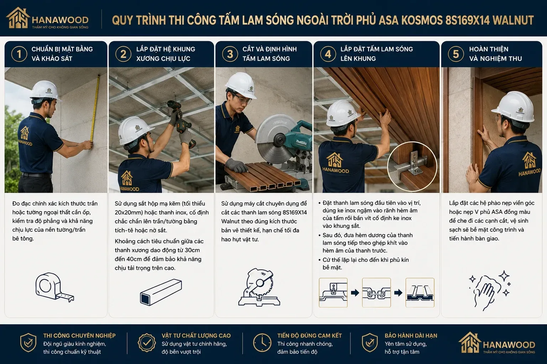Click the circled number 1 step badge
(x=19, y=54)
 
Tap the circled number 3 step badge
(x=230, y=54)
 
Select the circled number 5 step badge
(x=456, y=54)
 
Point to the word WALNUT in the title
(x=513, y=20)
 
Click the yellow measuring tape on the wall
(x=95, y=108)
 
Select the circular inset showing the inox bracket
(x=412, y=166)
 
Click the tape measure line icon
(x=54, y=287)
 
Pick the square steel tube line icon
(x=161, y=292)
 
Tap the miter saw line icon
(x=259, y=287)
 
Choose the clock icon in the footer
(x=262, y=343)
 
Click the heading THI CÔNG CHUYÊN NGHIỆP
(x=79, y=336)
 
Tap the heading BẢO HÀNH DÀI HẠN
(x=411, y=336)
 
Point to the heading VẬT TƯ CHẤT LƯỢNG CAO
(x=196, y=336)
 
